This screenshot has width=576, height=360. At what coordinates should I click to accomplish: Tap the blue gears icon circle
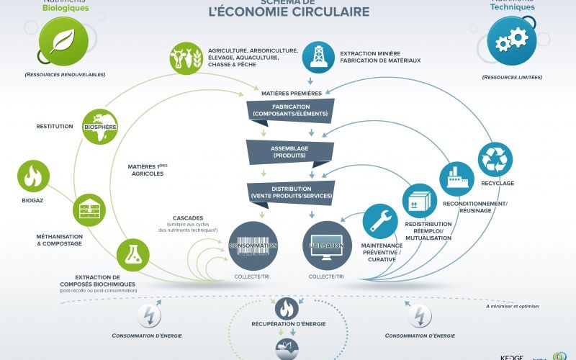point(512,40)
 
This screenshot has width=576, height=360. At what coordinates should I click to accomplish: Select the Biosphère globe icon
point(100,126)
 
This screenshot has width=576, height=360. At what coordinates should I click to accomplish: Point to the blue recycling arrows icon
point(495,159)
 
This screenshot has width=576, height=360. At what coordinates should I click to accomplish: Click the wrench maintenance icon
point(379,221)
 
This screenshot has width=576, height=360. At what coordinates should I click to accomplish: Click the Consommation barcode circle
point(253,246)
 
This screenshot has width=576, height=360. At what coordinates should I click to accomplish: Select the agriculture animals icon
point(186,58)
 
